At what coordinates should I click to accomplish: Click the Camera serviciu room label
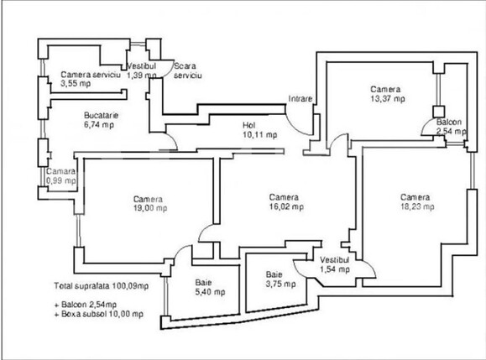click(91, 75)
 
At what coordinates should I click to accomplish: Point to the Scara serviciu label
click(188, 70)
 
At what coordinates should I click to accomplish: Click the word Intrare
click(300, 98)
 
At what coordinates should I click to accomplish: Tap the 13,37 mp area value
click(388, 98)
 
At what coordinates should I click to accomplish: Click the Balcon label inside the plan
click(448, 123)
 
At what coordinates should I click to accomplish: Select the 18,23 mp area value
click(416, 206)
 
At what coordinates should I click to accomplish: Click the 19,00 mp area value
click(148, 209)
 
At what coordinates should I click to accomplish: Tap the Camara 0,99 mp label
click(61, 175)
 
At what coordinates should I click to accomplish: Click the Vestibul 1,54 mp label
click(337, 264)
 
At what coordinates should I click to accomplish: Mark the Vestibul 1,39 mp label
click(142, 70)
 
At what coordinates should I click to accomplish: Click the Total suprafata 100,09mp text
click(101, 286)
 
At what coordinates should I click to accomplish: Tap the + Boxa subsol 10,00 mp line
click(98, 314)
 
